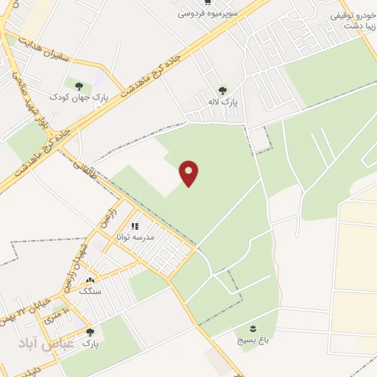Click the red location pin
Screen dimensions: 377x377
coord(190,173)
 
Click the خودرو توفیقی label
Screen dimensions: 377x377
coord(354,15)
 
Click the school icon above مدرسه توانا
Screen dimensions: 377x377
coord(134,227)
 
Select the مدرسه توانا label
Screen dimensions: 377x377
coord(133,238)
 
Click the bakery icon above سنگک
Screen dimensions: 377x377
coord(90,281)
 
